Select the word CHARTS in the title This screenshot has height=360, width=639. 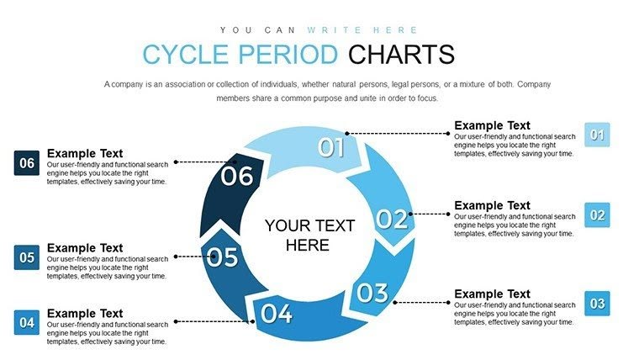(x=401, y=55)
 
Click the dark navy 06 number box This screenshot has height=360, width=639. (x=27, y=163)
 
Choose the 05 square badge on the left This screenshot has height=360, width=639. (x=27, y=257)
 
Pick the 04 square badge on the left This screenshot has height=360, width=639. (x=27, y=322)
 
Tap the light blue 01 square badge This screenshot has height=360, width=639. (x=597, y=135)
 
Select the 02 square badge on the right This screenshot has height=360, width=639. (x=597, y=215)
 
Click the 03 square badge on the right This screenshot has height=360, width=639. (x=597, y=304)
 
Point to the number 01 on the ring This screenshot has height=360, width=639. (x=331, y=148)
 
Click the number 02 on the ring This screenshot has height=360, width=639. (x=391, y=220)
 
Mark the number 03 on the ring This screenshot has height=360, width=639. (x=372, y=293)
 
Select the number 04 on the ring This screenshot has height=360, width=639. (x=276, y=314)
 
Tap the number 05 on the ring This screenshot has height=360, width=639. (x=223, y=257)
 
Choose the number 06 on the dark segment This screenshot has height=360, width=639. (x=236, y=177)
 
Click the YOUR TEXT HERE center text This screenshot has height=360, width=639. (x=309, y=236)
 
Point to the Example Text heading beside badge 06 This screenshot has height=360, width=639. (x=85, y=153)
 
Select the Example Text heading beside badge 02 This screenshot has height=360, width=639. (x=493, y=205)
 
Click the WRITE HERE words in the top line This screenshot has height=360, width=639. (x=361, y=29)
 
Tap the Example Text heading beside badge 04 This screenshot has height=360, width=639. (x=85, y=314)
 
